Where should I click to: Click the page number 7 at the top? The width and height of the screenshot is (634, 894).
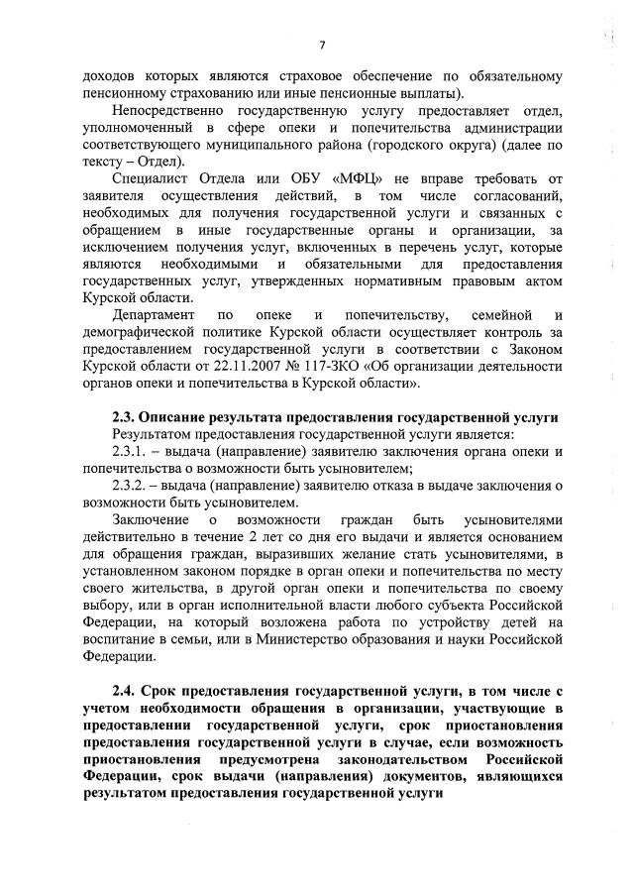[x=323, y=45]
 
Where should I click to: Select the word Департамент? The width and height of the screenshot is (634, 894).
[x=157, y=315]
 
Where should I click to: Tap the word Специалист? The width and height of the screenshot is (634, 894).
[x=151, y=179]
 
